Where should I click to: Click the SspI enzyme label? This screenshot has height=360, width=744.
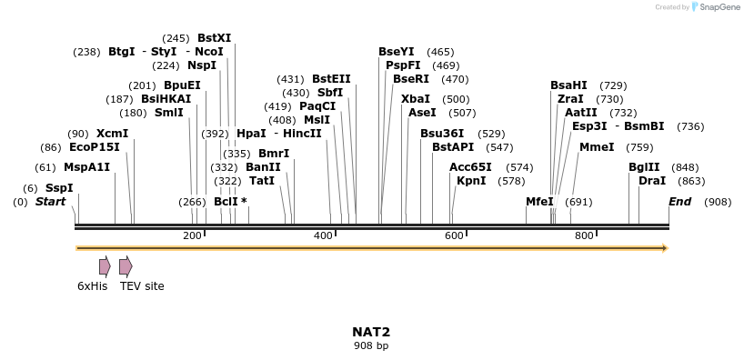point(59,188)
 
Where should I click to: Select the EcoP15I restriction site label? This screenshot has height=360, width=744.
point(95,147)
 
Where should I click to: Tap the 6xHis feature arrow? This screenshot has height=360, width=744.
point(106,266)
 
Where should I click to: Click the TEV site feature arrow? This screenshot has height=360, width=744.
point(126,266)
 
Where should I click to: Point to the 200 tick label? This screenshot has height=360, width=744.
point(192,236)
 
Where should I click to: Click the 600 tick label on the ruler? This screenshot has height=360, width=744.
point(454,236)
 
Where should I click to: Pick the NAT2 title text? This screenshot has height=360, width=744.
point(371,332)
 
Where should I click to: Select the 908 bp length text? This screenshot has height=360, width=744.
point(371,345)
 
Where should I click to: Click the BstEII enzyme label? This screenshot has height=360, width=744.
point(331,79)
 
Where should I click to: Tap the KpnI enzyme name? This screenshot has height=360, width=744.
point(471,181)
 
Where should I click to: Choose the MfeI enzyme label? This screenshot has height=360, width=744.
point(539,202)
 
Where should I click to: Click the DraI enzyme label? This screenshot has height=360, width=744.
point(652,181)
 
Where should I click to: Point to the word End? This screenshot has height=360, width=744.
point(679,202)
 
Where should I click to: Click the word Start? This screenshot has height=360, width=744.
point(51,202)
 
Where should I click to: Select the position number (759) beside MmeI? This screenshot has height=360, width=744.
point(639,147)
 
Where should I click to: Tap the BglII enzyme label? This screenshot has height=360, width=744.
point(644,167)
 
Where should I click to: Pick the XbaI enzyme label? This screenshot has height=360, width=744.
point(416,99)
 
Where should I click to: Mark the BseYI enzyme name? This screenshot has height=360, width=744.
point(397,52)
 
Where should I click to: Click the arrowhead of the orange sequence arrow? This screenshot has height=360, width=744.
point(665,247)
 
